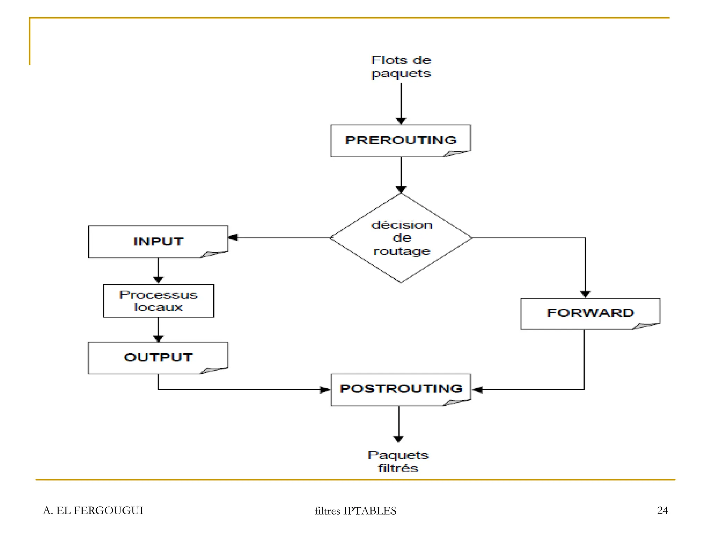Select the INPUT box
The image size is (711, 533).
click(158, 242)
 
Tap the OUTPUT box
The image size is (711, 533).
click(158, 358)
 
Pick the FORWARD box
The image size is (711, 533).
click(590, 313)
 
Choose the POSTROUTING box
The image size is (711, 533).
click(401, 389)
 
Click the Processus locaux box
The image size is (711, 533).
click(158, 301)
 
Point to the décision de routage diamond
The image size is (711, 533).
click(401, 238)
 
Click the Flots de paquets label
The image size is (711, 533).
click(401, 67)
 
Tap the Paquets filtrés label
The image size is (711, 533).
click(398, 462)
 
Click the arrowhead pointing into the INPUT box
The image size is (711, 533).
click(233, 238)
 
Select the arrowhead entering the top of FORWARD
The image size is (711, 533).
click(585, 294)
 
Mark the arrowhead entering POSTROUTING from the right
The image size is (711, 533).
click(477, 390)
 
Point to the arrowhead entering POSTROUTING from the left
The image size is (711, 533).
click(325, 390)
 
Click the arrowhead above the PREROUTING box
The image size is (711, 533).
click(401, 120)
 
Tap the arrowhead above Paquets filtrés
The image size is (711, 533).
click(398, 439)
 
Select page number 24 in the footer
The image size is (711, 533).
click(662, 510)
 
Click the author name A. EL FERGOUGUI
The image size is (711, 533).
click(93, 510)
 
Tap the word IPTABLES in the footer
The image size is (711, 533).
click(370, 511)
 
